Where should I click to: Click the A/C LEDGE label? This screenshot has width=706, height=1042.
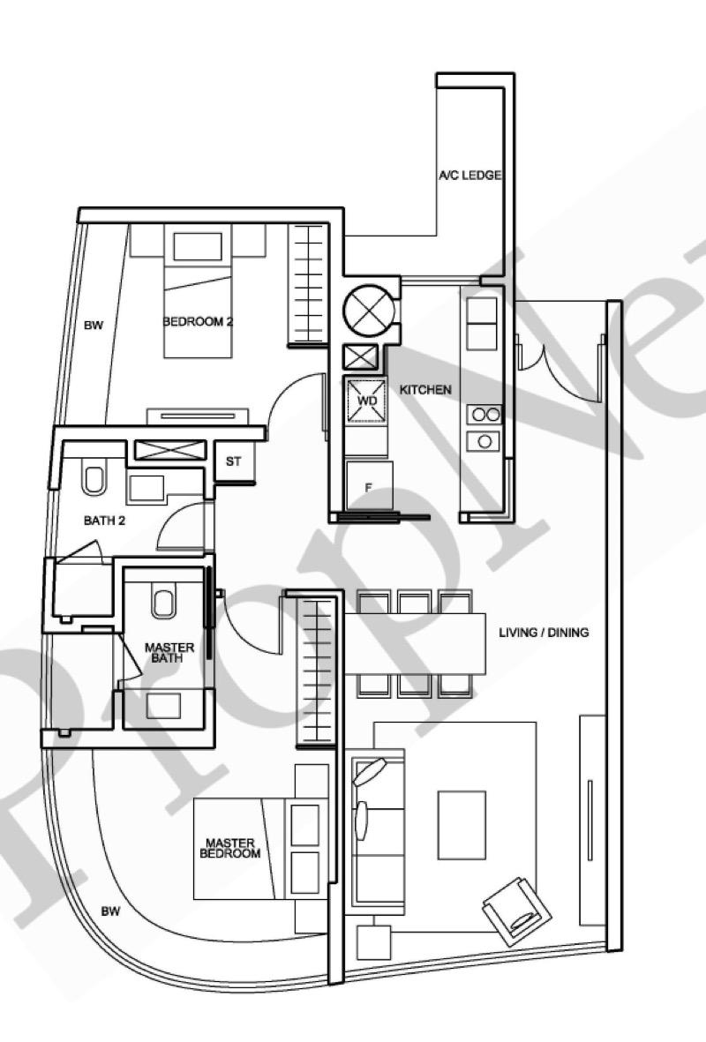click(x=470, y=176)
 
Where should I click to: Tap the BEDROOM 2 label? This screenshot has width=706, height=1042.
click(x=198, y=322)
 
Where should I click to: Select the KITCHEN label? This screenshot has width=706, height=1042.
click(x=425, y=390)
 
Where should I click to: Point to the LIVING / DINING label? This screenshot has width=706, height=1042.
click(x=544, y=633)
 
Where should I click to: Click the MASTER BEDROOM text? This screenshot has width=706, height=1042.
click(x=230, y=848)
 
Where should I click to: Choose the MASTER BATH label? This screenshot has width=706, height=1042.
click(x=169, y=653)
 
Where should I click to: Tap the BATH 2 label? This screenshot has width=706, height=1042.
click(x=104, y=521)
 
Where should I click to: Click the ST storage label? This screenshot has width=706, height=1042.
click(x=233, y=461)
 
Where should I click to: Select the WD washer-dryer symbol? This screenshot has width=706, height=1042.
click(x=366, y=401)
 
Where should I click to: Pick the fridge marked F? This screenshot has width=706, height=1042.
click(x=369, y=486)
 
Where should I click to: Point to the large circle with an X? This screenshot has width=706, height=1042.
click(x=369, y=310)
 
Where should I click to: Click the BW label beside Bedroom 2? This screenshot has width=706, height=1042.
click(x=94, y=326)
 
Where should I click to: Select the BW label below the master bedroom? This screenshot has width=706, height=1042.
click(x=111, y=911)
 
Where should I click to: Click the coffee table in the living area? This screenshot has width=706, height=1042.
click(x=462, y=825)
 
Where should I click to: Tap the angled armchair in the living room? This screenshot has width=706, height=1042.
click(x=517, y=911)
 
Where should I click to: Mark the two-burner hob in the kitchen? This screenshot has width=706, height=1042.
click(x=484, y=415)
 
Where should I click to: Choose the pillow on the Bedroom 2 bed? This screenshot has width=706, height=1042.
click(x=198, y=246)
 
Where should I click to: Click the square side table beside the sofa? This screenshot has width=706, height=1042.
click(x=374, y=942)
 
